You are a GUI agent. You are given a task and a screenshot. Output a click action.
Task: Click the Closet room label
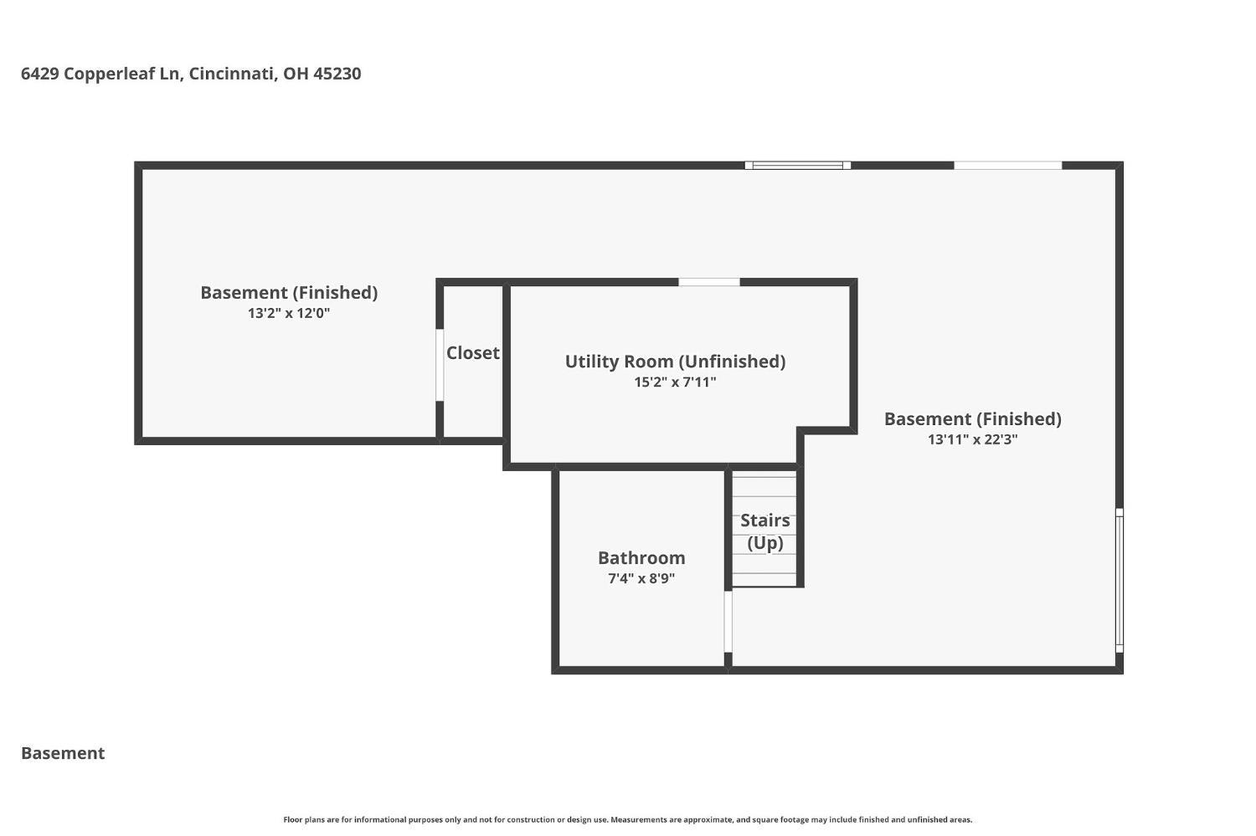473,352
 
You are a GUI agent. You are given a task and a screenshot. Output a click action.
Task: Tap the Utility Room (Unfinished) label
675,362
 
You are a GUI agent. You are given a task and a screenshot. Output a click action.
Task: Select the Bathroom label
641,557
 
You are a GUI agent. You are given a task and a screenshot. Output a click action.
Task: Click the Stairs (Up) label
765,531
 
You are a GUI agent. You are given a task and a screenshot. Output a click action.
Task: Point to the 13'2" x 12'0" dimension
289,313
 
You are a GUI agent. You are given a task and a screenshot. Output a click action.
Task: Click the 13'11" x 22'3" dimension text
973,439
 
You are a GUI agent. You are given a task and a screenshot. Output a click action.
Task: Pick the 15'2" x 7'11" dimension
675,382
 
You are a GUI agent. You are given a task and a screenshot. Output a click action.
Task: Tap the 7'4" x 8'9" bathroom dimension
641,577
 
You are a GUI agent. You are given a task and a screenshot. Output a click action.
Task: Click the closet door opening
440,365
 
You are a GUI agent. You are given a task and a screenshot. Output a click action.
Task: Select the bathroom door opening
728,622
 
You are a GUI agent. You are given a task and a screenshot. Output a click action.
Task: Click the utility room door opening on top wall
709,282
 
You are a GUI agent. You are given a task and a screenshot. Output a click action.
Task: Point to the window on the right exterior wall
1120,581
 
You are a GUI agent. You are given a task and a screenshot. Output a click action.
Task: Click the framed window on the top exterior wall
798,166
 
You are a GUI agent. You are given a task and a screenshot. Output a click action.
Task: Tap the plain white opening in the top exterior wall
1008,166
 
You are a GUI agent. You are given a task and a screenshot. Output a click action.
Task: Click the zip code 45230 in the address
337,74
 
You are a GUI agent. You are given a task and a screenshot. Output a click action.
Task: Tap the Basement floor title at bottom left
63,752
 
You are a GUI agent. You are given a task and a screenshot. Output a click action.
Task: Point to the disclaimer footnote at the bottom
628,819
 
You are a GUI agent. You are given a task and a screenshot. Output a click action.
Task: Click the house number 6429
40,74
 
